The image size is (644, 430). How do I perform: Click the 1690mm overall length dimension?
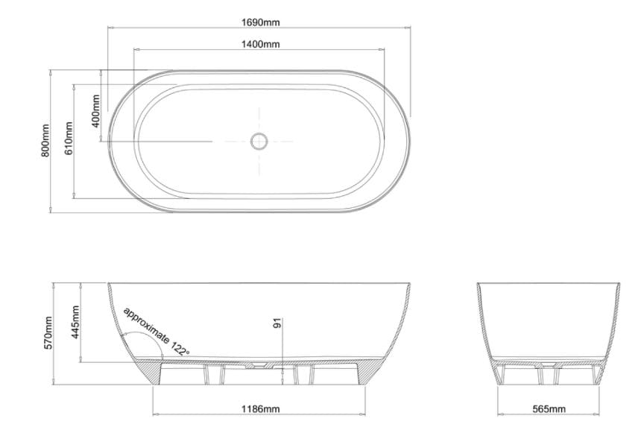click(x=260, y=22)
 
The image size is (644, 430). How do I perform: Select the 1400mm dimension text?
click(x=260, y=45)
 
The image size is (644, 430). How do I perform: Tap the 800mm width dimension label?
click(x=45, y=140)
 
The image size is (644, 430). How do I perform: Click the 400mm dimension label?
click(x=95, y=110)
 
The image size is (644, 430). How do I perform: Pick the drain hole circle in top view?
click(x=259, y=140)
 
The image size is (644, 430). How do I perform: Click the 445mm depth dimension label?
click(x=75, y=322)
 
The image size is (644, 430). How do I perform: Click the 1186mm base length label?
click(x=260, y=409)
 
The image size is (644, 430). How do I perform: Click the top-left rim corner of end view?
click(x=479, y=285)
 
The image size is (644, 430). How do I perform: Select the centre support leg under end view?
click(x=547, y=376)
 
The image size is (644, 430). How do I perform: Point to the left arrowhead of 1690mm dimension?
click(x=111, y=28)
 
